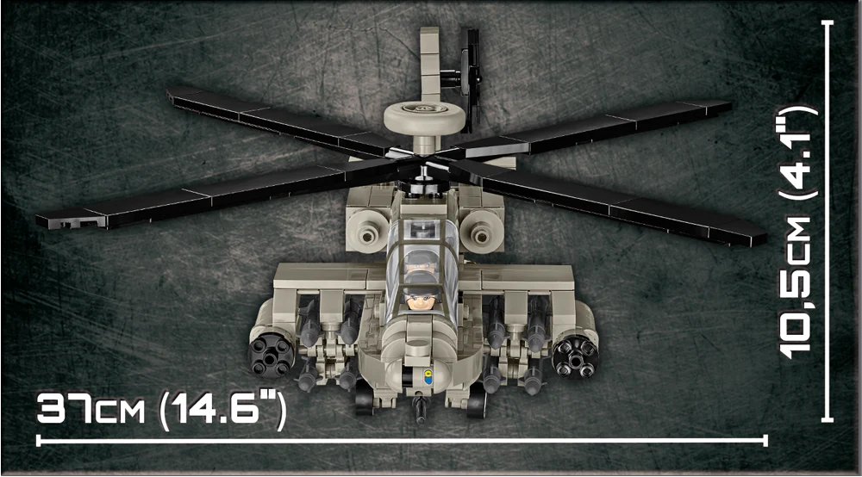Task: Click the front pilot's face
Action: click(421, 300)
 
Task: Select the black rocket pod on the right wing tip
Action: click(576, 357)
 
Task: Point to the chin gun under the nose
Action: click(421, 409)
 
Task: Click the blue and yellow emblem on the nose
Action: click(428, 375)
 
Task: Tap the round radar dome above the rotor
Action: click(424, 117)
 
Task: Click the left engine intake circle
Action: click(367, 235)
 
